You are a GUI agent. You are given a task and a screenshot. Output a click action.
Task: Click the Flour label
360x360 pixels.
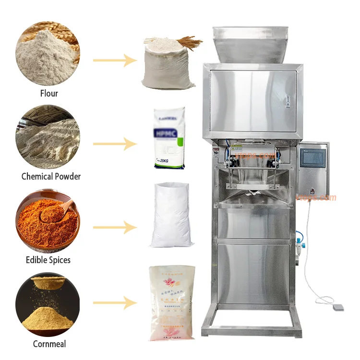click(x=49, y=93)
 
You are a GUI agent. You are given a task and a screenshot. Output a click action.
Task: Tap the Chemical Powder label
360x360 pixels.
click(x=51, y=176)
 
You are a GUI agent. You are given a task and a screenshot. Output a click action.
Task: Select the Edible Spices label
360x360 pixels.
click(x=48, y=260)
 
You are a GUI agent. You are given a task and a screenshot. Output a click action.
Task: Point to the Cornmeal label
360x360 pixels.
click(x=49, y=344)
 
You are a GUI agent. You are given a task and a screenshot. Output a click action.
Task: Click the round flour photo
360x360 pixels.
click(x=48, y=50)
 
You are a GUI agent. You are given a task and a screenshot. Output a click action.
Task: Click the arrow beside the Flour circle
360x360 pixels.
click(x=115, y=60)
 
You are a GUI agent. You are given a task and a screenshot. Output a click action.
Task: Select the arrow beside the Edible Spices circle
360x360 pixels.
click(x=115, y=227)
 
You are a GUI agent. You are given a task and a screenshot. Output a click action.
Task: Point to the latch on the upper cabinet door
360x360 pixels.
click(x=288, y=101)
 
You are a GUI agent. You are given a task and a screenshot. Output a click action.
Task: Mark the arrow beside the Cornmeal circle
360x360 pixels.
click(x=115, y=303)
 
